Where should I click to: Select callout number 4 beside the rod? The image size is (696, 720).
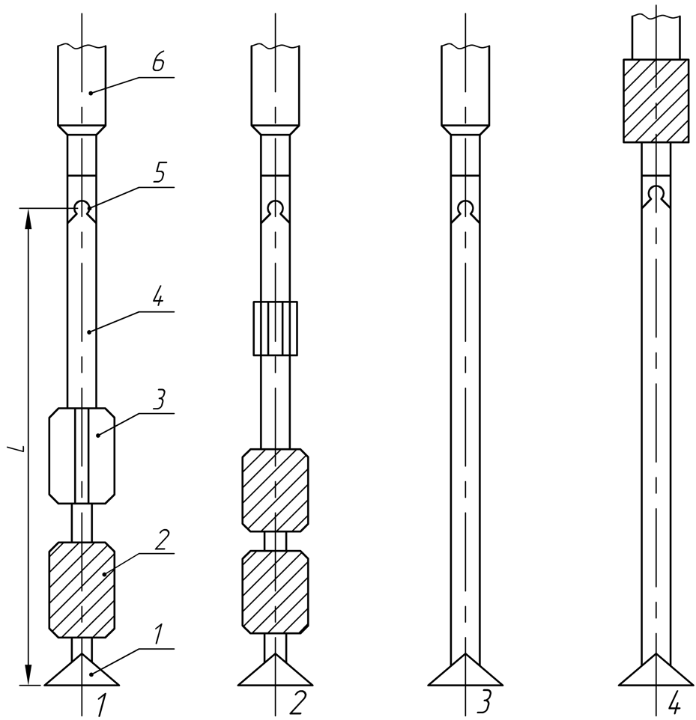pos(157,298)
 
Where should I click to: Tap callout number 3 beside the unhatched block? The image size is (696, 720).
pos(159,400)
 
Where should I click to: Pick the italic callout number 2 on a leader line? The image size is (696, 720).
pos(163,540)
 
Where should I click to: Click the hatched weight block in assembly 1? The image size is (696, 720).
pos(82,589)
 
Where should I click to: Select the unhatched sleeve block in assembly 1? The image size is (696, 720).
pos(82,456)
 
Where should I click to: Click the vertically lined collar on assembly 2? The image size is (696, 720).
pos(276,329)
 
